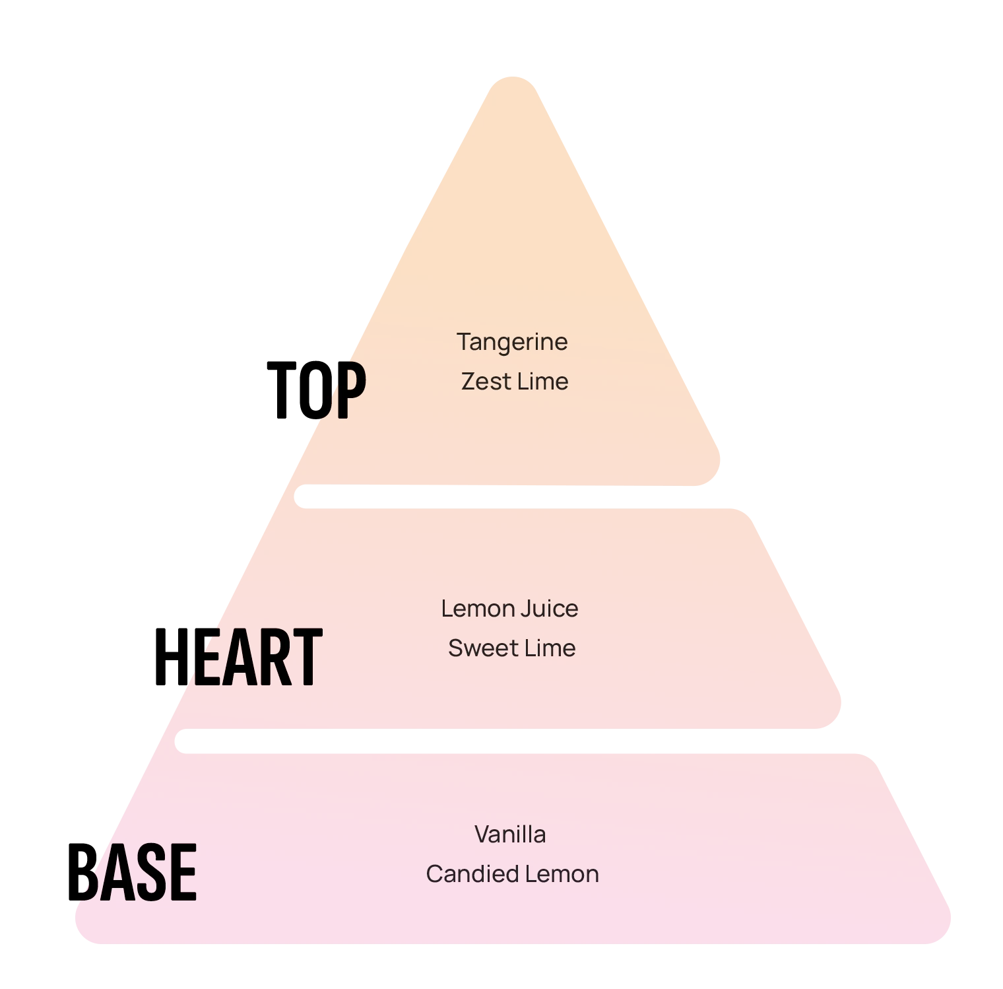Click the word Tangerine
pos(512,343)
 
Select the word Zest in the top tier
pos(485,382)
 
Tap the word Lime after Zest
pos(542,382)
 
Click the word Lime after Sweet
pos(550,648)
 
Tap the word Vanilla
pos(510,835)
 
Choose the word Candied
pos(464,874)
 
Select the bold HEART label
pos(238,656)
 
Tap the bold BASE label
pos(133,871)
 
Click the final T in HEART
pos(307,656)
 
